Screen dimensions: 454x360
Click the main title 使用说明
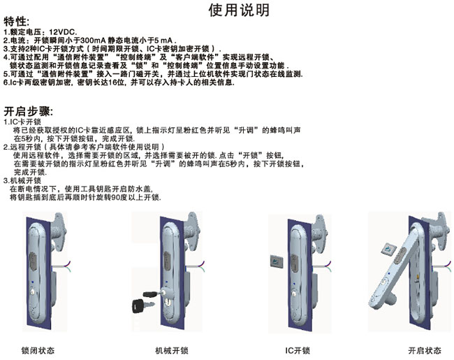point(239,10)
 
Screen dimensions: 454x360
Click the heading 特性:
point(17,22)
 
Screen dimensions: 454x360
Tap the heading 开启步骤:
point(29,111)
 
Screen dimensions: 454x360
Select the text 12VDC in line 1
point(62,32)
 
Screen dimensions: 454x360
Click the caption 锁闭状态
point(38,350)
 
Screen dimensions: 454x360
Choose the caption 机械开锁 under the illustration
point(172,350)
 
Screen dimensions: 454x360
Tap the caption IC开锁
point(298,350)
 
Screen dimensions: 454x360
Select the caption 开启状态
point(425,350)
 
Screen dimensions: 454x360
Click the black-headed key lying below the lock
point(142,305)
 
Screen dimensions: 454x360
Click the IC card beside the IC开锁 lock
point(276,261)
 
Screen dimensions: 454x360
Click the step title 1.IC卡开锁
point(22,122)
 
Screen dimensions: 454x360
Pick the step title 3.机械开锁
point(22,180)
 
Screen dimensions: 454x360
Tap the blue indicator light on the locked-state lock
point(33,281)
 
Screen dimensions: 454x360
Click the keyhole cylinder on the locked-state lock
point(32,291)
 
